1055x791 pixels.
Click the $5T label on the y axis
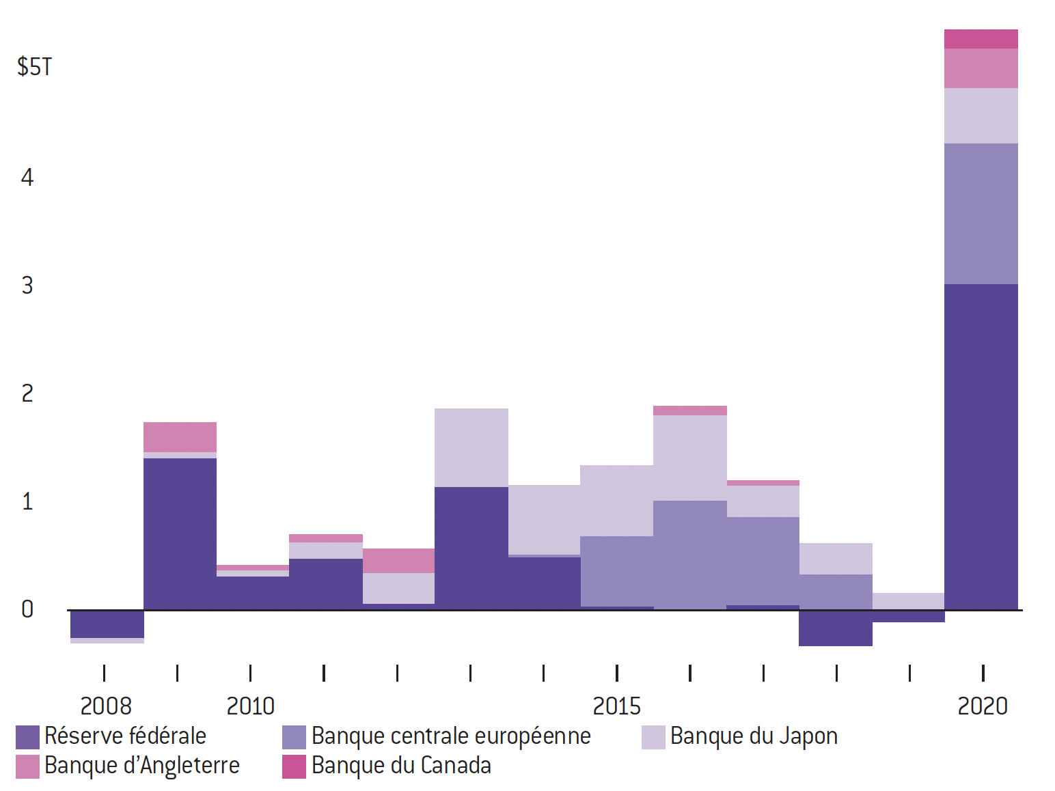34,67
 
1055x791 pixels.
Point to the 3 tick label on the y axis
27,285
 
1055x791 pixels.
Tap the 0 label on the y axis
27,609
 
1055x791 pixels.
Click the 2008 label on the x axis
106,706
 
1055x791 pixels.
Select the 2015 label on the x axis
616,706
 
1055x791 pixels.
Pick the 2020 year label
982,706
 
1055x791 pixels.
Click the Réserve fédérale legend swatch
27,737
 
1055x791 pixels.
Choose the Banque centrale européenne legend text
451,736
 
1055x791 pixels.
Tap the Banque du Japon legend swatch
653,737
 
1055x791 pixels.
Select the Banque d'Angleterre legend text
142,766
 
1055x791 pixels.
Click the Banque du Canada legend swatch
294,766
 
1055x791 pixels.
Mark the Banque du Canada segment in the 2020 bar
981,39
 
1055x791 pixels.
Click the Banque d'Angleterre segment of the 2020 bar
981,68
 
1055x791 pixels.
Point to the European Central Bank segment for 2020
981,213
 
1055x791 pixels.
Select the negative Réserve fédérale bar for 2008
107,624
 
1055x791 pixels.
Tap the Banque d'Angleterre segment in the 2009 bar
180,437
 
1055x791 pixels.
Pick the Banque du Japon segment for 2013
471,447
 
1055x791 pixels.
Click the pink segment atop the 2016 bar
690,411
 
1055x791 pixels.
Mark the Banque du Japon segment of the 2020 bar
981,115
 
